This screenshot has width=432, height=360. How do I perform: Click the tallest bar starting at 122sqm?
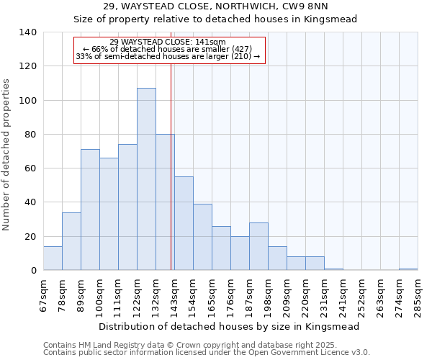coord(146,179)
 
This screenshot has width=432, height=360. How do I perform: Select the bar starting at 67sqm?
coord(53,258)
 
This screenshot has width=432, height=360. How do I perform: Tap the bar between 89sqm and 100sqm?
coord(90,210)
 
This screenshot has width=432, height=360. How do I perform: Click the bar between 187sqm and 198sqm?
coord(258,246)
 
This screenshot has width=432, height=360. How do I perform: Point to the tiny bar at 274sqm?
coord(408,269)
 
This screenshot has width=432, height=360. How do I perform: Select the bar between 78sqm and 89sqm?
coord(71,241)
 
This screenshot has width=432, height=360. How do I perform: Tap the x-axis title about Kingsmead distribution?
coord(229,326)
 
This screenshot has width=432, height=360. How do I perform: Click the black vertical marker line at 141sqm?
coord(171,180)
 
